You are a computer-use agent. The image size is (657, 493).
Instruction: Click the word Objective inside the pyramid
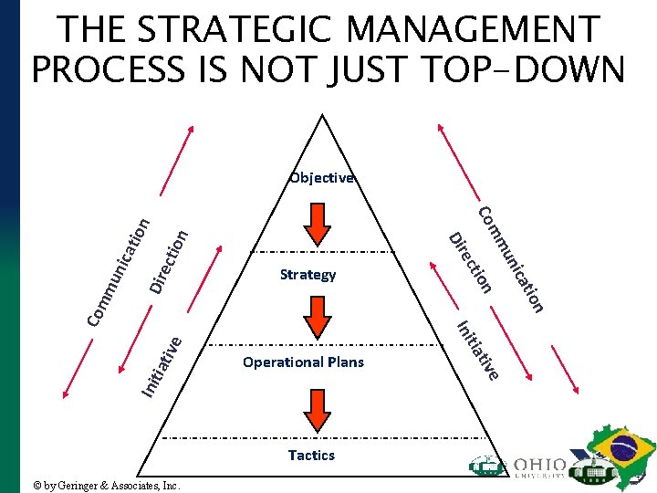[x=321, y=178]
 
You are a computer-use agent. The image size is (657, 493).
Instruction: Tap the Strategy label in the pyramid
[x=308, y=274]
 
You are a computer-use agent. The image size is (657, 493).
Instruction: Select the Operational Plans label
[x=303, y=362]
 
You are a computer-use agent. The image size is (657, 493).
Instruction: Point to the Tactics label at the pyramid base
[x=311, y=455]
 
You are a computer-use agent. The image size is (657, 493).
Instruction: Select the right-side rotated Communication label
[x=512, y=259]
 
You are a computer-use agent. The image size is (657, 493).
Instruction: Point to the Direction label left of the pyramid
[x=169, y=261]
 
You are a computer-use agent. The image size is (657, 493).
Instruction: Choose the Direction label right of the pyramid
[x=471, y=263]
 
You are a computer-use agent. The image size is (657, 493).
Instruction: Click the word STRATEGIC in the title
[x=232, y=29]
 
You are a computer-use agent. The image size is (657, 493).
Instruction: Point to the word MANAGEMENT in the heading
[x=474, y=29]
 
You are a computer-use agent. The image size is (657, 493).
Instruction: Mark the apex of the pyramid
[x=321, y=115]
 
